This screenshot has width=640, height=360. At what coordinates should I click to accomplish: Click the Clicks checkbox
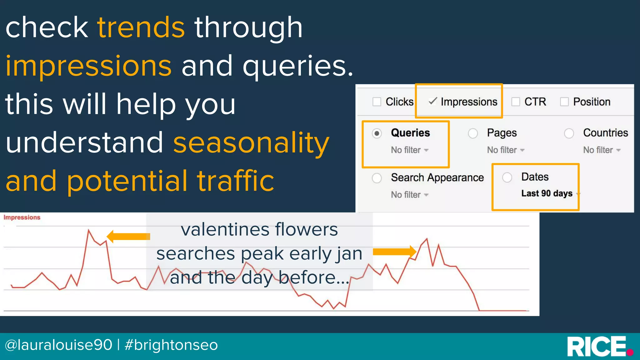377,102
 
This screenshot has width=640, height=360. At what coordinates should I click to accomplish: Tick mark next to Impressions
432,101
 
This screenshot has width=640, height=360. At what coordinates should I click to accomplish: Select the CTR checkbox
515,102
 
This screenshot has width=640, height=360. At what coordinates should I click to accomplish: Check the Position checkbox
564,102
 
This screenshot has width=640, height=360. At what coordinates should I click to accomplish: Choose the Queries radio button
377,134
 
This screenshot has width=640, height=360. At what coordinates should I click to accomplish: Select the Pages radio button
473,134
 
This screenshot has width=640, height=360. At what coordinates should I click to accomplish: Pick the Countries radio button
569,134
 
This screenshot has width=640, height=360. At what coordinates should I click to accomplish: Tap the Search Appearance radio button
377,178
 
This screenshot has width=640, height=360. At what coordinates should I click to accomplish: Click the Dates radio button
507,177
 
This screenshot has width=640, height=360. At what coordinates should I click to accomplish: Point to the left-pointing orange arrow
128,237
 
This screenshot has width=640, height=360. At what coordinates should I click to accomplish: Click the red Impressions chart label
22,217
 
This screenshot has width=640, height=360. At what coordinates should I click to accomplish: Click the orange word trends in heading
141,28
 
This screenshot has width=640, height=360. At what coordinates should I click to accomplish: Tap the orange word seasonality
251,143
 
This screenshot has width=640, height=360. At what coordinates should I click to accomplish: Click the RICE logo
598,346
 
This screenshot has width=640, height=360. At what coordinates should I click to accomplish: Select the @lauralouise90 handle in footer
58,345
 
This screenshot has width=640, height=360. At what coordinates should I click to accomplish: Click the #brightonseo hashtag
171,345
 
